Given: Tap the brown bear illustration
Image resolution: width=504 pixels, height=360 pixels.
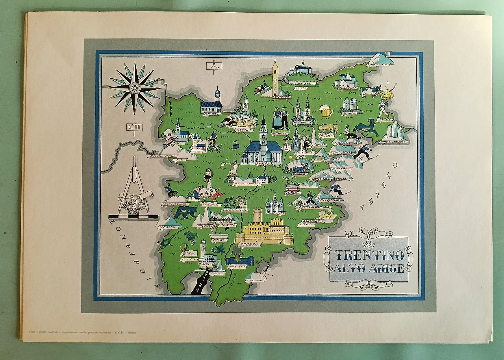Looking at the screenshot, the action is (x=185, y=212).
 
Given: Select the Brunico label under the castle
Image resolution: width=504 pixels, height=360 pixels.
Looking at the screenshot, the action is (x=349, y=113).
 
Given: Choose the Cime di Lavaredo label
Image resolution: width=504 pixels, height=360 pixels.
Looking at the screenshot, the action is (x=393, y=142).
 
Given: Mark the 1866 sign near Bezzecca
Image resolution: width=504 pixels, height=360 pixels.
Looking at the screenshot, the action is (x=191, y=253).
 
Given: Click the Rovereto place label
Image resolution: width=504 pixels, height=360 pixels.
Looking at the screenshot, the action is (x=237, y=266).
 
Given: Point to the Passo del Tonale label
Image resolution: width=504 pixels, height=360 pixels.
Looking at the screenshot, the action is (x=174, y=204).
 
